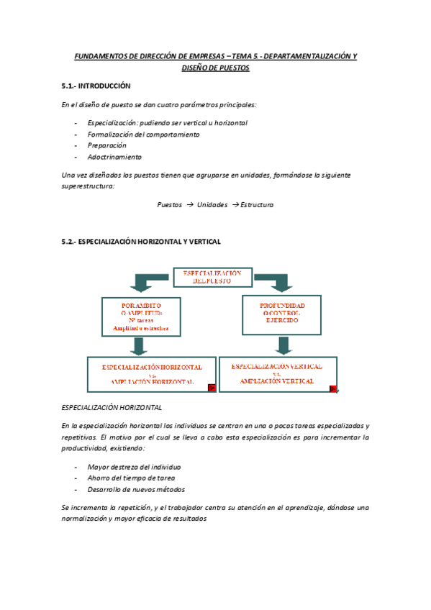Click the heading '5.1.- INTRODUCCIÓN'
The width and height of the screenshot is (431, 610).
point(96,86)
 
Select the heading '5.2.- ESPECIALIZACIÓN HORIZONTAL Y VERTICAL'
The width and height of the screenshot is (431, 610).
point(141,242)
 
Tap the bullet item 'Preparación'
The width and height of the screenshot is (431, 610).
point(106,145)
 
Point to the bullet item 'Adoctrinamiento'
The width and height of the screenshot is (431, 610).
point(114,157)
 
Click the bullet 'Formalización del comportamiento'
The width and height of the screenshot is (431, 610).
point(143,134)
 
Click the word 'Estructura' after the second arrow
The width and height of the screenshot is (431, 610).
point(257,204)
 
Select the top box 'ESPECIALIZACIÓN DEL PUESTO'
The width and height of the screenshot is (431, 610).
point(212,278)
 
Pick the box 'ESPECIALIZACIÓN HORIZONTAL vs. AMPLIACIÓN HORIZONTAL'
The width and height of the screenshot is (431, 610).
point(151,374)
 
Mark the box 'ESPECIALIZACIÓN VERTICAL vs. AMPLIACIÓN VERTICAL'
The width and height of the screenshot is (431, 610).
point(277,374)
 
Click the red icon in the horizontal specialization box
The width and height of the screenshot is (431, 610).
point(212,387)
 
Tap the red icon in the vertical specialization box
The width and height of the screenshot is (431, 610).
point(333,388)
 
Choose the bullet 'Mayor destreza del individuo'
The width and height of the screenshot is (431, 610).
point(134,467)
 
